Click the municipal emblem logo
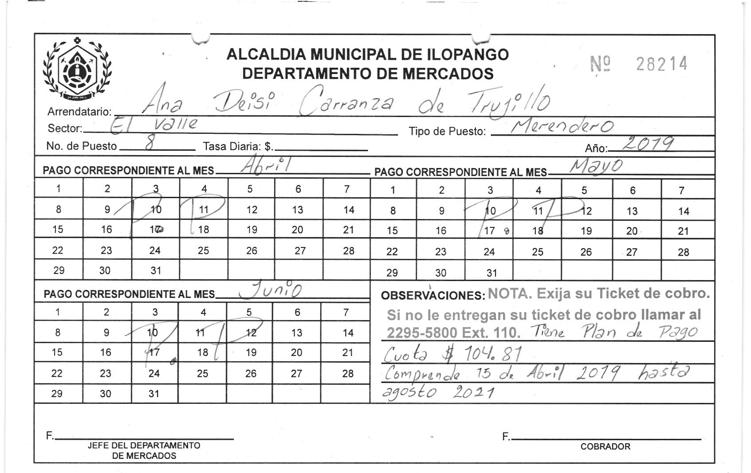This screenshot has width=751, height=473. click(77, 69)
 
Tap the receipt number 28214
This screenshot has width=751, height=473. click(661, 64)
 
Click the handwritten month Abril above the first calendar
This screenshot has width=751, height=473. click(265, 166)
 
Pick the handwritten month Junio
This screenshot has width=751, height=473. click(270, 290)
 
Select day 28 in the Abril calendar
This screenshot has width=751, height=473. click(349, 250)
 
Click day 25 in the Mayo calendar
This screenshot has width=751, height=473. click(538, 252)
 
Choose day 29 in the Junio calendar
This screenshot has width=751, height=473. click(57, 393)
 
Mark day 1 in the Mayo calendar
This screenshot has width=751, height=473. click(393, 190)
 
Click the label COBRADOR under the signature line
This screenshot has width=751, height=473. click(605, 446)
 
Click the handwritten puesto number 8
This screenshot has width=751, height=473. click(149, 145)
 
